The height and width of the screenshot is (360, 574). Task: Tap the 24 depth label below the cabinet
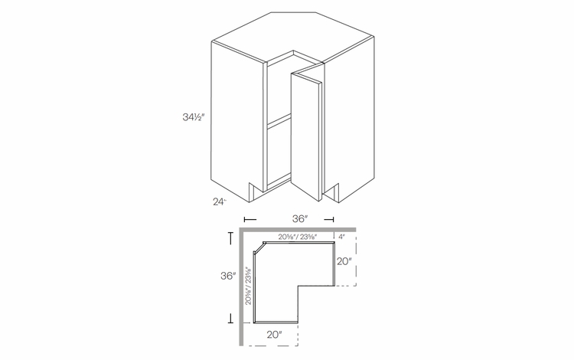coord(220,202)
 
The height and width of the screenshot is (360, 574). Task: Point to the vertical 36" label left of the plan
coord(226,276)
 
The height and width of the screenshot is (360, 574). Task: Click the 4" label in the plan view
coord(342,237)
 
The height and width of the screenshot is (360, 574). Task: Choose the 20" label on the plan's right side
coord(344,261)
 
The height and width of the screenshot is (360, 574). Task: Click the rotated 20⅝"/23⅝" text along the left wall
coord(249,285)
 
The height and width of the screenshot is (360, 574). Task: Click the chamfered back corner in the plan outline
coord(259,247)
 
